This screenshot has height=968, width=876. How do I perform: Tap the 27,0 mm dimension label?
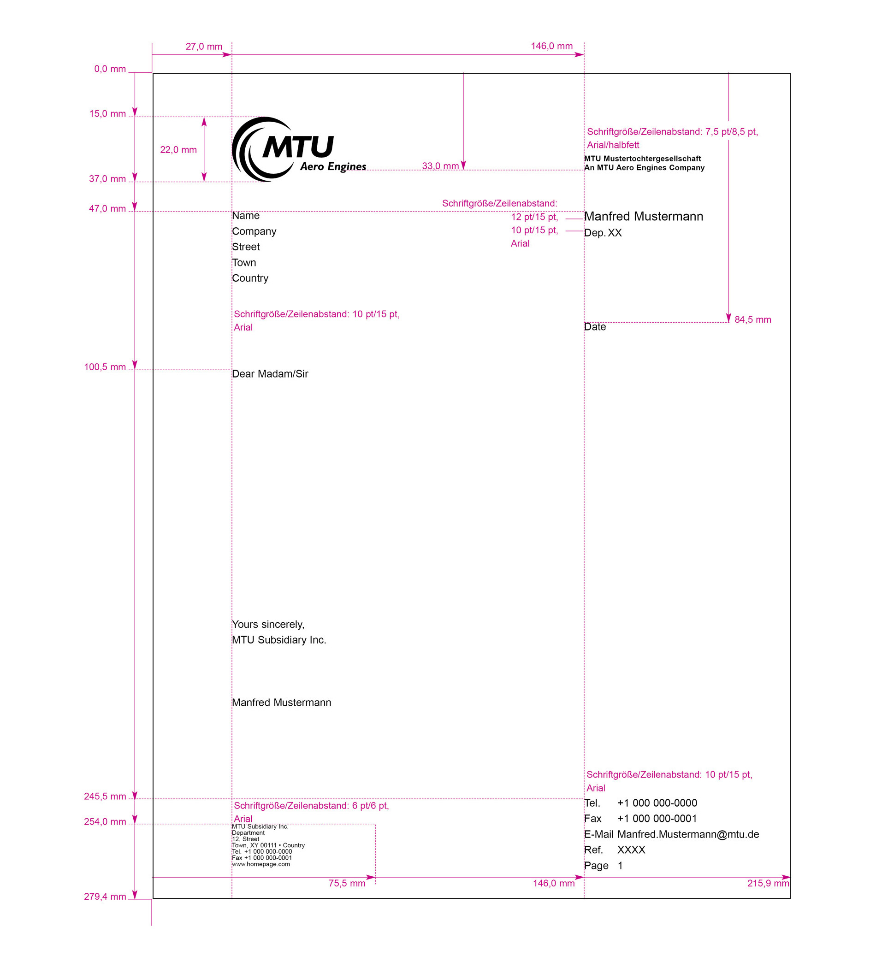tap(204, 47)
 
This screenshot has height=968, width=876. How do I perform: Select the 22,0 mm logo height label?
tap(178, 150)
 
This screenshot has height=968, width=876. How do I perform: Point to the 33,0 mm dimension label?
tap(440, 166)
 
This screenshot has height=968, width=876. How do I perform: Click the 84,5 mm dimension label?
tap(752, 320)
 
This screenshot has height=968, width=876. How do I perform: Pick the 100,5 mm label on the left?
tap(105, 367)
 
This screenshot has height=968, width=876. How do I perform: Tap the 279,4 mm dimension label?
tap(105, 897)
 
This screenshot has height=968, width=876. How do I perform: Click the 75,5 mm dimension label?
tap(347, 884)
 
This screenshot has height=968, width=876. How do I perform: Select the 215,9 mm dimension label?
tap(768, 884)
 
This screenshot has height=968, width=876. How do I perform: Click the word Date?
tap(595, 327)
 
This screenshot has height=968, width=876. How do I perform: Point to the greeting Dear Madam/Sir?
tap(270, 374)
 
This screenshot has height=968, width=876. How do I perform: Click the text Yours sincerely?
tap(268, 625)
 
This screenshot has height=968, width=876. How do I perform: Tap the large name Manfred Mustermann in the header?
tap(644, 217)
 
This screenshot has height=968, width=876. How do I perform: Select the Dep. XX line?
tap(603, 233)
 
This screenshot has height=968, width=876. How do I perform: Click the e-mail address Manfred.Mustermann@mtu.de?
tap(688, 834)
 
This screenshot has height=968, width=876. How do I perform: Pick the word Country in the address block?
tap(250, 278)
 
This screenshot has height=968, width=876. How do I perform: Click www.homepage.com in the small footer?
tap(261, 864)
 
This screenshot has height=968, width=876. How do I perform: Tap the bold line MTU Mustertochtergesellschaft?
tap(642, 159)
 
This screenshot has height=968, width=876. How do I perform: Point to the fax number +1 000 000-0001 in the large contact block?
tap(657, 819)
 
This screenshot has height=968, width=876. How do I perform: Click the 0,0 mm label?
tap(110, 69)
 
